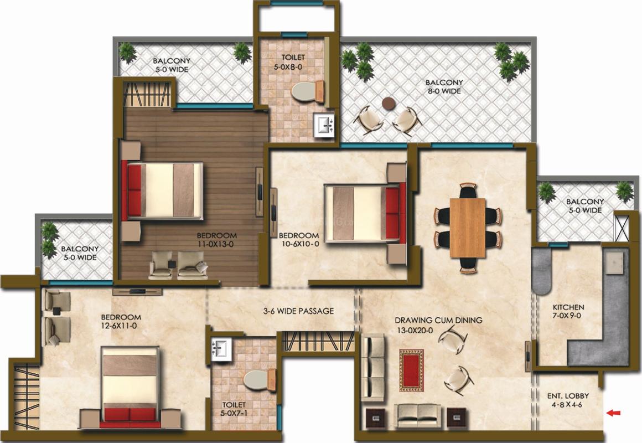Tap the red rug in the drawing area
pyautogui.click(x=411, y=370)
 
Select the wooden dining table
pyautogui.click(x=468, y=228)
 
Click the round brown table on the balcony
pyautogui.click(x=389, y=103)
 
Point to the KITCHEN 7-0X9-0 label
pyautogui.click(x=568, y=311)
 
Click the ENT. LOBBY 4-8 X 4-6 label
pyautogui.click(x=568, y=400)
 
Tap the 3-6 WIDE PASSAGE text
pyautogui.click(x=298, y=311)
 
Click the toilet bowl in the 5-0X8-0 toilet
pyautogui.click(x=308, y=91)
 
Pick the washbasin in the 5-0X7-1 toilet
pyautogui.click(x=221, y=349)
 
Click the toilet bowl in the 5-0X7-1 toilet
pyautogui.click(x=260, y=380)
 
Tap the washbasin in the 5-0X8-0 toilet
pyautogui.click(x=324, y=125)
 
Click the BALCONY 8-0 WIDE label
pyautogui.click(x=444, y=87)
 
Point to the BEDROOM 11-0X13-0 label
pyautogui.click(x=216, y=240)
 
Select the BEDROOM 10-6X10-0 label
pyautogui.click(x=299, y=240)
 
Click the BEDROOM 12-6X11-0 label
pyautogui.click(x=121, y=321)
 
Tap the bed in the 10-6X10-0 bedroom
pyautogui.click(x=365, y=213)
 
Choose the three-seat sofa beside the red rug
pyautogui.click(x=372, y=367)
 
